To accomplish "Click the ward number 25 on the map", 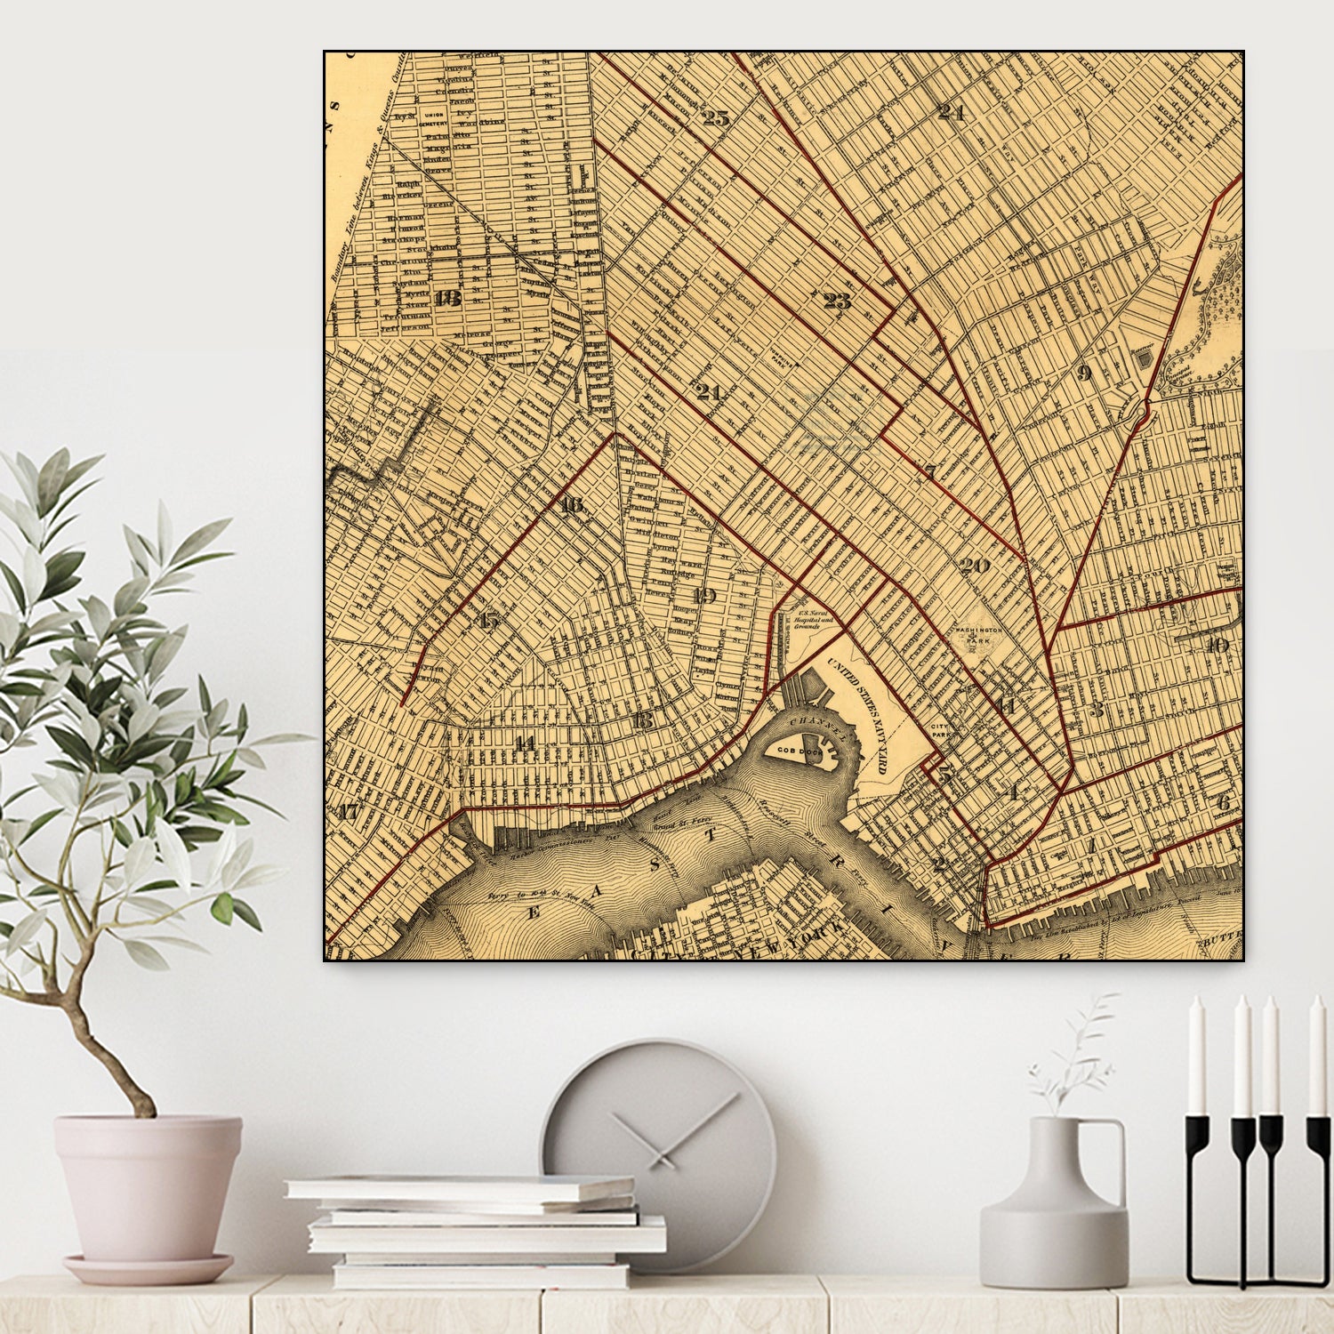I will pyautogui.click(x=715, y=117).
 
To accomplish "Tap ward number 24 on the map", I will pyautogui.click(x=951, y=112).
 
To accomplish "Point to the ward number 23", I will pyautogui.click(x=837, y=301).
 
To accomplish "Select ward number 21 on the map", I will pyautogui.click(x=708, y=391).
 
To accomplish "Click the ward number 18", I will pyautogui.click(x=447, y=298).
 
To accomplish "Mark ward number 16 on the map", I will pyautogui.click(x=572, y=505).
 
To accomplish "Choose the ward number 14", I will pyautogui.click(x=526, y=743).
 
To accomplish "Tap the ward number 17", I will pyautogui.click(x=348, y=811).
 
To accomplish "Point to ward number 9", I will pyautogui.click(x=1083, y=372).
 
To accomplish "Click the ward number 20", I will pyautogui.click(x=975, y=565).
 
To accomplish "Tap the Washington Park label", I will pyautogui.click(x=977, y=635).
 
